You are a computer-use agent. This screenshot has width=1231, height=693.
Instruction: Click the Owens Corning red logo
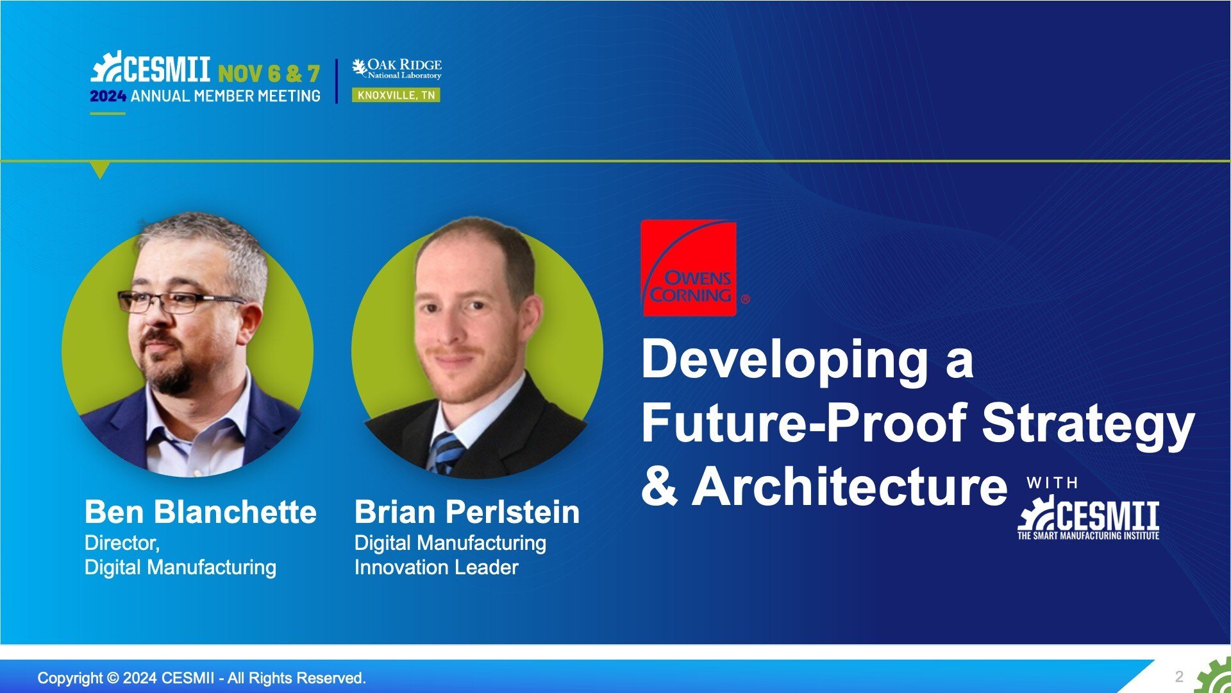coord(689,268)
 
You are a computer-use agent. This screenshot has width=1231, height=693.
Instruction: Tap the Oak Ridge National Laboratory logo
coord(397,69)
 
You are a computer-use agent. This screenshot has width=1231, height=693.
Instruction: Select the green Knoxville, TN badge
coord(396,96)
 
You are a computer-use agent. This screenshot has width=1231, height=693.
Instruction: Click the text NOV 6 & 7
coord(269,74)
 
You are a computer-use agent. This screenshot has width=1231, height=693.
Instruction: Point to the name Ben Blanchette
coord(201,512)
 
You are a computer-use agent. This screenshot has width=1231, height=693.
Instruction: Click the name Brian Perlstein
coord(467,512)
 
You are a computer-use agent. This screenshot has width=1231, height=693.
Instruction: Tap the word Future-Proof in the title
coord(804,423)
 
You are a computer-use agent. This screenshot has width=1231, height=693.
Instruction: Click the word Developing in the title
coord(785,359)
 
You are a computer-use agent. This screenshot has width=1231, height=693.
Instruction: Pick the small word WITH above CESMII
coord(1052,483)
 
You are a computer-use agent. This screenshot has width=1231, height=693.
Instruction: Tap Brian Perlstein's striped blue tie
coord(446,453)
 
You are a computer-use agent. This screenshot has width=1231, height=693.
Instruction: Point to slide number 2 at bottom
coord(1179,676)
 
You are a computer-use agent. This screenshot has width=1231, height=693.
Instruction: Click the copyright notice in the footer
coord(202,678)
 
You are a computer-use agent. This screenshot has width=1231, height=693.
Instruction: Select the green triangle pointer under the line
coord(100,170)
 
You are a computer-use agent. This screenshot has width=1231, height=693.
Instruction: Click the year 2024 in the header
coord(108,96)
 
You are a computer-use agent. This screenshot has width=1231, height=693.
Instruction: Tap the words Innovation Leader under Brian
coord(436,567)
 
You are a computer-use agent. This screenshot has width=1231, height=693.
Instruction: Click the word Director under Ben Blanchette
coord(121,543)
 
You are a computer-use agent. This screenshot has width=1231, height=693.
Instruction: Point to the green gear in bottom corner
coord(1215,677)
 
